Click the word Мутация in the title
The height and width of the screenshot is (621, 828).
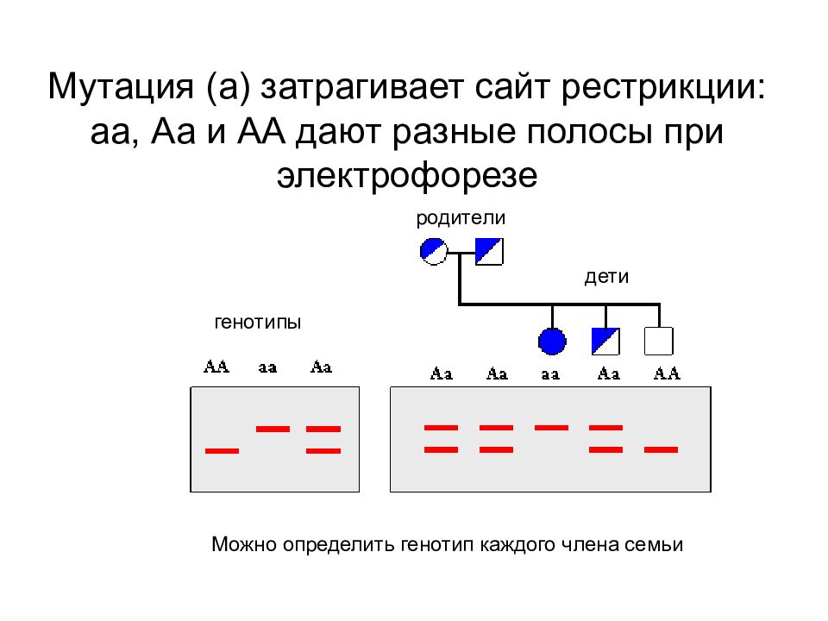(121, 86)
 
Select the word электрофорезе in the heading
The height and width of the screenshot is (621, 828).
(407, 175)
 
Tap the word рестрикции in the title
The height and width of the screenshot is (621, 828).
(662, 88)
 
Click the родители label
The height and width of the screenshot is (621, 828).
(461, 218)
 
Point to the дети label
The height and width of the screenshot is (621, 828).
(606, 277)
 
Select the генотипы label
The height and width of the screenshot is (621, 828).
(258, 322)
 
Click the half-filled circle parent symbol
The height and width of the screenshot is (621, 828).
(434, 251)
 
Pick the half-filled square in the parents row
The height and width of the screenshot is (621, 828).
(489, 251)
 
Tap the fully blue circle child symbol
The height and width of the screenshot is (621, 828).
(552, 342)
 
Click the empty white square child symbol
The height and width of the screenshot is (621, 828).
(659, 342)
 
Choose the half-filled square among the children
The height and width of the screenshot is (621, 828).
(605, 342)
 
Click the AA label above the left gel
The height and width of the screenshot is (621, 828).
(216, 367)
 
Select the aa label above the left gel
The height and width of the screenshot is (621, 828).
(267, 367)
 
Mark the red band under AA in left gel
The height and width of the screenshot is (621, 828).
(222, 451)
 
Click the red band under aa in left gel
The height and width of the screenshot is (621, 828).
(273, 429)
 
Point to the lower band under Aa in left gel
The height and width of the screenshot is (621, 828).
(323, 451)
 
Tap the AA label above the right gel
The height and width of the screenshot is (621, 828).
(667, 373)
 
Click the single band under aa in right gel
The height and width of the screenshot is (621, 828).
(551, 428)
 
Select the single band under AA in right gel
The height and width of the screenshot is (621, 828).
(662, 450)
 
